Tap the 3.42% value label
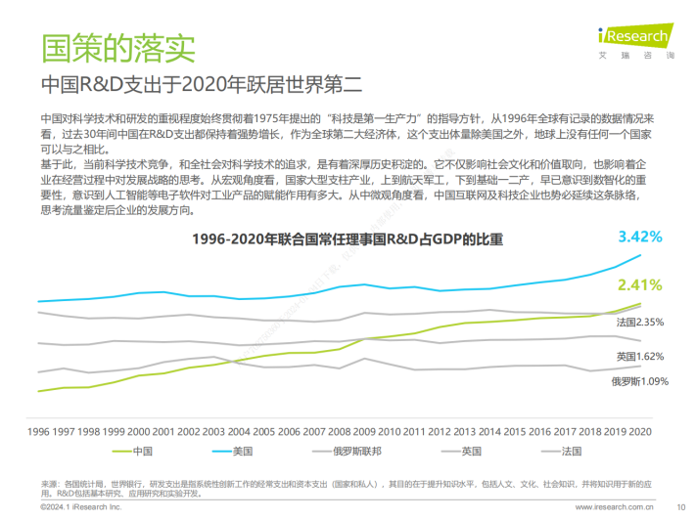(x=640, y=237)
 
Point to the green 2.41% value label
(x=639, y=285)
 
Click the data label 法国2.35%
(x=640, y=322)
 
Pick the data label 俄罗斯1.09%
(x=639, y=381)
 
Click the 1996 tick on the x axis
(x=39, y=430)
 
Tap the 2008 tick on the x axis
(x=340, y=430)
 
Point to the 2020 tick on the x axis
(x=640, y=430)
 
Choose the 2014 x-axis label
(x=489, y=430)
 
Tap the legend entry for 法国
(x=571, y=451)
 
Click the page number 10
(x=680, y=508)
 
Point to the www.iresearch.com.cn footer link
(x=614, y=508)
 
